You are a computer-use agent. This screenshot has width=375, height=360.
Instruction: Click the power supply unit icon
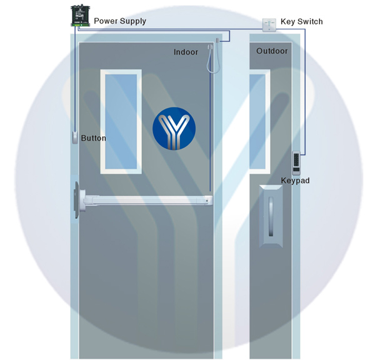[x=81, y=16]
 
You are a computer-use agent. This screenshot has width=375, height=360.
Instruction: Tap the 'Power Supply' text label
[x=120, y=21]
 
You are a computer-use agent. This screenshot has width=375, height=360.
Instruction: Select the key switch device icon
[x=269, y=25]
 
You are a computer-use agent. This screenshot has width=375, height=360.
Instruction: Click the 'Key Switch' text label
[x=302, y=21]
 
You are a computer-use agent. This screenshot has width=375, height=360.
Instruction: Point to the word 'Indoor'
[x=186, y=52]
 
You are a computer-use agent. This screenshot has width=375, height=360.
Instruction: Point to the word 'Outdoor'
[x=272, y=51]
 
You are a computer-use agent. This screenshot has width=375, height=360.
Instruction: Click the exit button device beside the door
[x=75, y=137]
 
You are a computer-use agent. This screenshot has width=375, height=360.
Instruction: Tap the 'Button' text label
[x=93, y=138]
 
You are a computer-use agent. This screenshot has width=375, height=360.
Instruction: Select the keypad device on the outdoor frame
[x=296, y=163]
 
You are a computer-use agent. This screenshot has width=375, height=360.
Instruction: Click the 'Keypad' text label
[x=295, y=181]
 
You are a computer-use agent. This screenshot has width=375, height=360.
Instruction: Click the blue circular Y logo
[x=174, y=129]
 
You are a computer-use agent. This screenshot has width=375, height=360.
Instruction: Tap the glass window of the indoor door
[x=121, y=121]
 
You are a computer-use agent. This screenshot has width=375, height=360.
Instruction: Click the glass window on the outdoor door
[x=260, y=121]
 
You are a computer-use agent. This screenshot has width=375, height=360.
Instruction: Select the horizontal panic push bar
[x=144, y=200]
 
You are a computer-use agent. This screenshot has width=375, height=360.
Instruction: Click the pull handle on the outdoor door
[x=271, y=216]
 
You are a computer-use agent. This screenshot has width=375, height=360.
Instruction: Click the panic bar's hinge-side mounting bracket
[x=79, y=200]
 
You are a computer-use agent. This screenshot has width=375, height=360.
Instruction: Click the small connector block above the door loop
[x=217, y=40]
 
